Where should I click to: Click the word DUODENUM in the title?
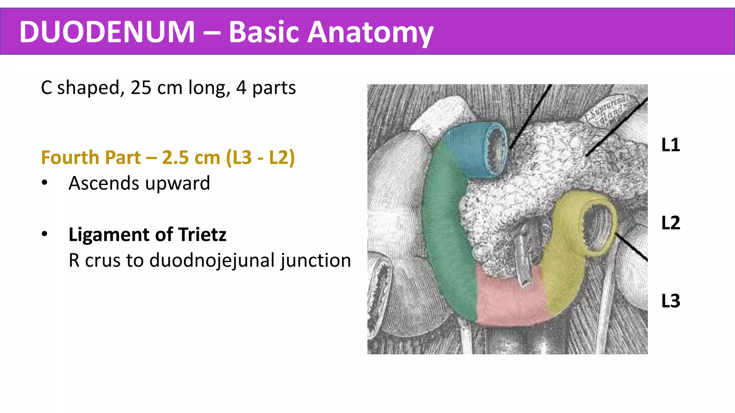(107, 32)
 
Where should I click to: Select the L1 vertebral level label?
(670, 145)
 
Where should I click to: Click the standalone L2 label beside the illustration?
(670, 223)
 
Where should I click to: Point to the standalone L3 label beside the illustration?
(670, 301)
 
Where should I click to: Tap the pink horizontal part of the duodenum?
(510, 301)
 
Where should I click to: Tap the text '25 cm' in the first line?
(156, 88)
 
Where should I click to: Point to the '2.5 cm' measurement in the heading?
(191, 158)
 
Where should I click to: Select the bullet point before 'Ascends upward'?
(45, 183)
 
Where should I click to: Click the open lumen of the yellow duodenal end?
(596, 228)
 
